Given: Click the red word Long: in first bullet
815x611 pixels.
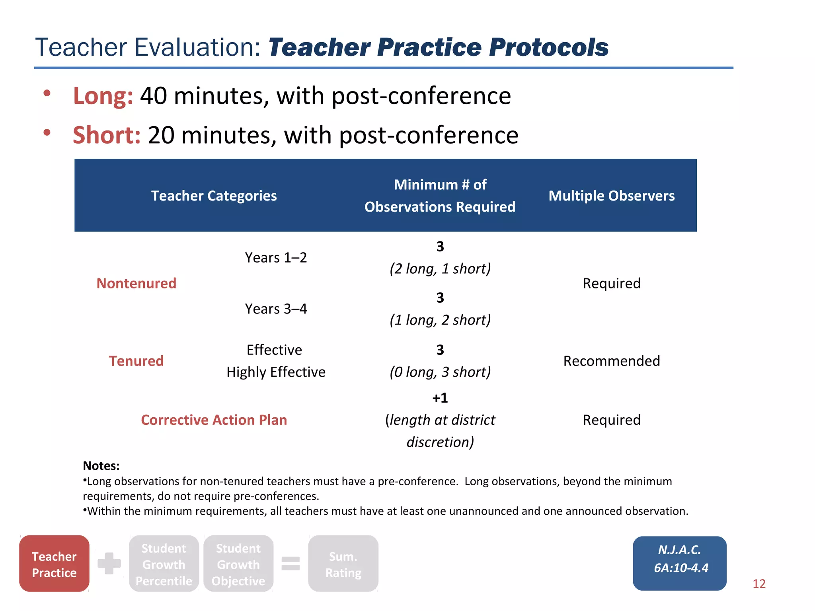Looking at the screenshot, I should (x=103, y=96).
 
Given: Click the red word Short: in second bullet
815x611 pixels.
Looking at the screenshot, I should (x=107, y=135).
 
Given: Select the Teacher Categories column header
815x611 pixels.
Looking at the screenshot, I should (x=214, y=196).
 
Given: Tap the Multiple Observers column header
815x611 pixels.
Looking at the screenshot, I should (x=611, y=196).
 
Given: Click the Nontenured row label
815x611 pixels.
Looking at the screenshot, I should (x=136, y=283).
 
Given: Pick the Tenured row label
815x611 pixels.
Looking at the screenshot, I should (x=136, y=361).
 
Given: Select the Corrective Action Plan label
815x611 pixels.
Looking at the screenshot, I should (x=214, y=420).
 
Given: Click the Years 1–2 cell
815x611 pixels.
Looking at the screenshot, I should (x=276, y=258).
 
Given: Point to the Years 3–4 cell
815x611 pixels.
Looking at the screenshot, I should (x=276, y=309).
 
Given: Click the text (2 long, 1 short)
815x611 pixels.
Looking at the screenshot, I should (x=440, y=269).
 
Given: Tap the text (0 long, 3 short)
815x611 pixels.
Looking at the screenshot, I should (x=440, y=372).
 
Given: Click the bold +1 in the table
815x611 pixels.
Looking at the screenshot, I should (x=440, y=398).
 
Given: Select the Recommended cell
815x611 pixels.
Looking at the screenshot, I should (x=611, y=361).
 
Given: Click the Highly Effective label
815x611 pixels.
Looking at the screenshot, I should (x=276, y=372).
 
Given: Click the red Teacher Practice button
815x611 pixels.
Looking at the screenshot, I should (x=54, y=564).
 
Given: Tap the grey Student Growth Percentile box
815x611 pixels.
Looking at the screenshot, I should (x=164, y=564).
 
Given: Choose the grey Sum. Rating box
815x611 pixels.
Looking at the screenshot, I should (x=343, y=564).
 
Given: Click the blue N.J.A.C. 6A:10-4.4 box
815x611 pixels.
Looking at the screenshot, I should (x=680, y=563).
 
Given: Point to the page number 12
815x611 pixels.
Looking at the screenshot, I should (x=759, y=584).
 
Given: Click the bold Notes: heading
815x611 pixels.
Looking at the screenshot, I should (x=101, y=466).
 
